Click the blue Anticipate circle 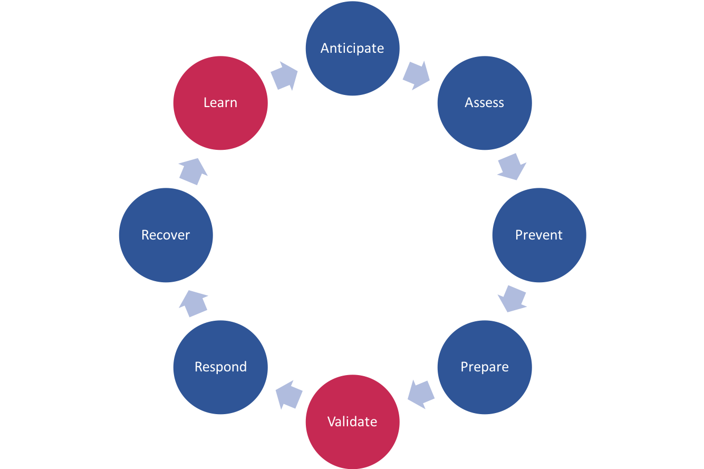pyautogui.click(x=352, y=49)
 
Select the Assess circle pyautogui.click(x=484, y=103)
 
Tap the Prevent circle pyautogui.click(x=539, y=235)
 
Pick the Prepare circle pyautogui.click(x=484, y=367)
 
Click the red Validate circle pyautogui.click(x=352, y=422)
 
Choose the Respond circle pyautogui.click(x=220, y=367)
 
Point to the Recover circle pyautogui.click(x=166, y=235)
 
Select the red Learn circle pyautogui.click(x=220, y=103)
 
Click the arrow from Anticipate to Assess pyautogui.click(x=417, y=75)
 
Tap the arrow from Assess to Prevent pyautogui.click(x=512, y=167)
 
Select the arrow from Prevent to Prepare pyautogui.click(x=512, y=299)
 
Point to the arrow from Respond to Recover pyautogui.click(x=193, y=303)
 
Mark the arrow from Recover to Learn pyautogui.click(x=192, y=171)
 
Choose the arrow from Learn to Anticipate pyautogui.click(x=285, y=76)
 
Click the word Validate pyautogui.click(x=352, y=422)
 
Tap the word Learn pyautogui.click(x=220, y=103)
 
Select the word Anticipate pyautogui.click(x=352, y=49)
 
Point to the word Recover pyautogui.click(x=166, y=235)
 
